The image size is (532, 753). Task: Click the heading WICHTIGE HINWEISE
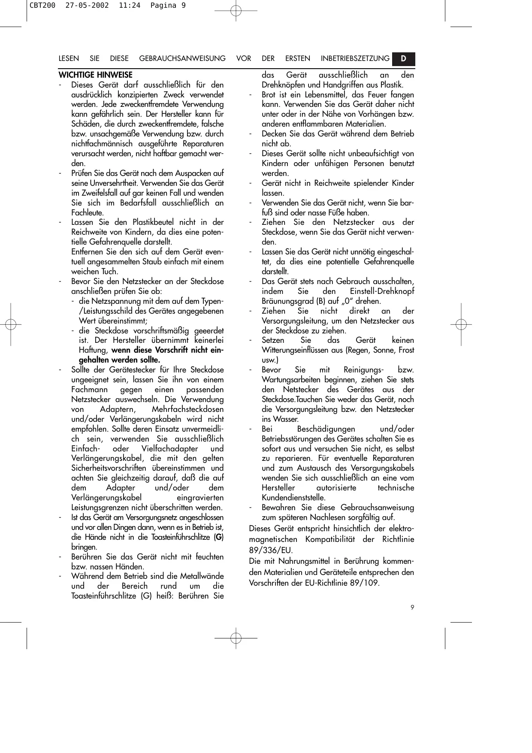[95, 75]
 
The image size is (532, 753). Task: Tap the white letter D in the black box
[404, 58]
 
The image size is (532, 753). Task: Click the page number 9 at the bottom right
[412, 607]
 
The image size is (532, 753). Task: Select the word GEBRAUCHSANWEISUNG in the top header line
[182, 59]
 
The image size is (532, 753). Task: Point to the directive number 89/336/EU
[271, 550]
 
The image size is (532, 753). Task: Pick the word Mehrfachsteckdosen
[187, 409]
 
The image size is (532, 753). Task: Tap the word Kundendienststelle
[293, 498]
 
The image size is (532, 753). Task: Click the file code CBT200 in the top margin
[42, 6]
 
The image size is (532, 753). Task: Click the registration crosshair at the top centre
[236, 10]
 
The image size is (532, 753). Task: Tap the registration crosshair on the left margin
[11, 324]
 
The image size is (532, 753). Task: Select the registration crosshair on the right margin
[461, 324]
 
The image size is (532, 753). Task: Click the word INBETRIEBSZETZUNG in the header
[355, 59]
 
